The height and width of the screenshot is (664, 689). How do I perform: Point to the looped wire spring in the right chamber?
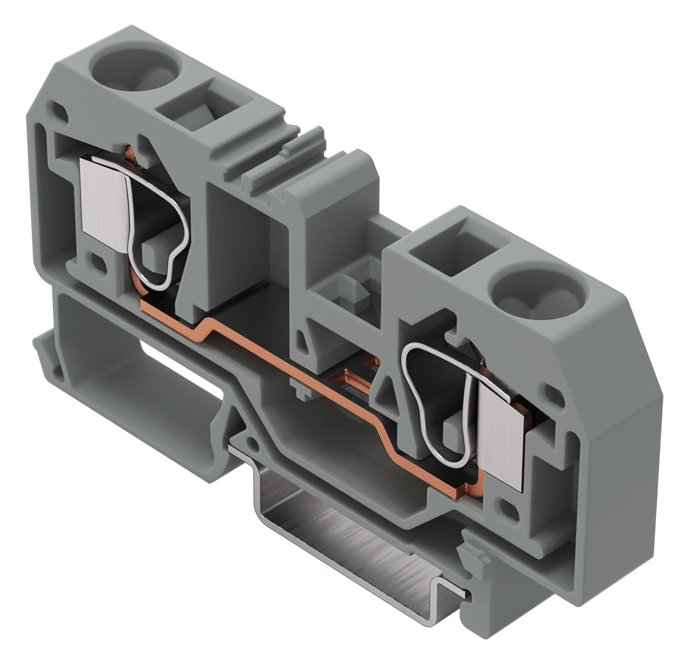point(438,399)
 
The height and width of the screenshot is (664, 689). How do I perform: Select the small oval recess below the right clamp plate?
point(505,509)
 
